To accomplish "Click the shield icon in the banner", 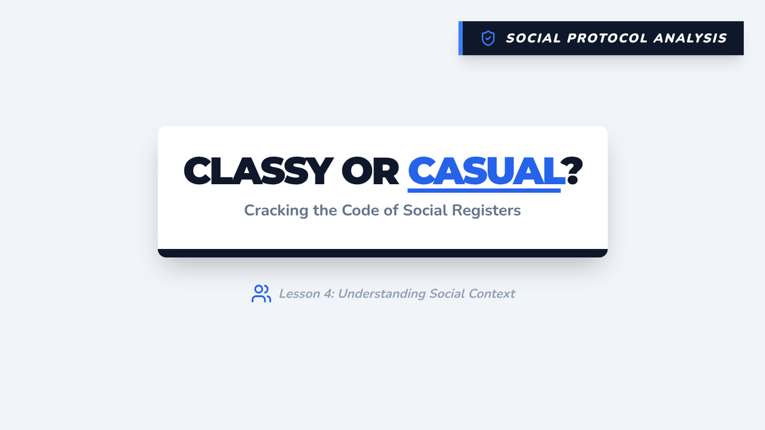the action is pos(488,38).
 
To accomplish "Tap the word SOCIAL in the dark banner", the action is pos(533,38).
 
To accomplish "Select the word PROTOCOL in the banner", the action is pos(607,38).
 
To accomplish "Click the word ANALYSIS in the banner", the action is pos(690,38).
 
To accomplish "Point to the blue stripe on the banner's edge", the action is pos(460,38).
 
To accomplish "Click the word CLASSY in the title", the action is pos(258,171).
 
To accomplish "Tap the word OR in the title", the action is pos(370,171).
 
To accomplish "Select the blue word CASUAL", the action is pos(486,171).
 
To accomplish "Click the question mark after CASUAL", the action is pos(574,171).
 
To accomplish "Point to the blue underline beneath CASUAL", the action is pos(484,190).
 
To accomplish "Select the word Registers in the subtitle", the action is pos(486,211).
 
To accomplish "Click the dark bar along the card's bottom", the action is pos(382,254).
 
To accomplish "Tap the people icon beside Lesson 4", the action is pos(261,294).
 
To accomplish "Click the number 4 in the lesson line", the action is pos(328,294).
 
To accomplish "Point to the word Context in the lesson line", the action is pos(492,294).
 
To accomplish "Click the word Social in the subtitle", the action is pos(425,210).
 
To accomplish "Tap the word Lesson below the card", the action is pos(300,294).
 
